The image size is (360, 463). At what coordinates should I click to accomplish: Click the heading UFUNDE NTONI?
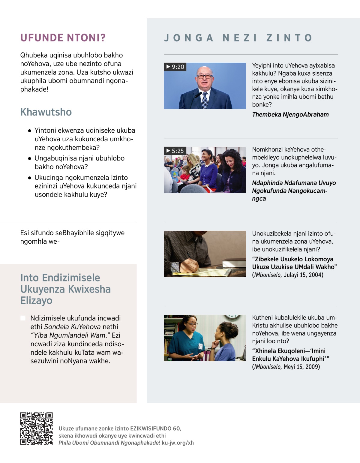click(x=63, y=38)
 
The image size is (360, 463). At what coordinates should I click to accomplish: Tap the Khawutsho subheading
click(x=46, y=112)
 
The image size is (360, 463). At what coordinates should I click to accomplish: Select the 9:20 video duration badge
click(x=175, y=67)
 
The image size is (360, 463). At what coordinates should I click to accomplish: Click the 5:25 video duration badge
click(x=175, y=151)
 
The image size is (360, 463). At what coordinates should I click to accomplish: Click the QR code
click(x=36, y=428)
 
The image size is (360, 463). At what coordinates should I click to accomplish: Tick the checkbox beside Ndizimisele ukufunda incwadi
click(x=23, y=318)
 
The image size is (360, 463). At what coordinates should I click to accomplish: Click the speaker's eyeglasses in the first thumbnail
click(x=204, y=77)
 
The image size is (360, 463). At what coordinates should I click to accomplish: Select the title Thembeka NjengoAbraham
click(x=290, y=115)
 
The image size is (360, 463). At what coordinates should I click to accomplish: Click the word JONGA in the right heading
click(x=189, y=38)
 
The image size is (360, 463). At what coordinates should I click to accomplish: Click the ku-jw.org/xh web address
click(x=178, y=443)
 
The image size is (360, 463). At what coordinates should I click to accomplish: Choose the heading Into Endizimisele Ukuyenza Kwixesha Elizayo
click(x=65, y=289)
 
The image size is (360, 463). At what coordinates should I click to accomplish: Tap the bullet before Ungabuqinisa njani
click(x=29, y=158)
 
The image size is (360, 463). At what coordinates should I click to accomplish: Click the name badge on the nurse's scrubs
click(x=200, y=346)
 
